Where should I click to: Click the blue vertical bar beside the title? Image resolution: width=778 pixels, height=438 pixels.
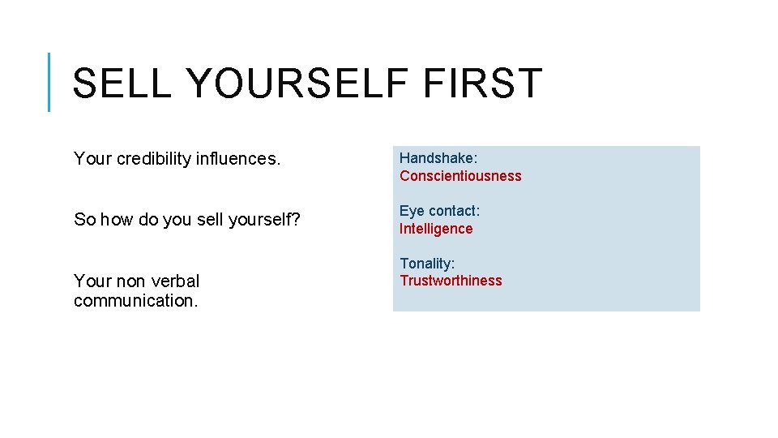pyautogui.click(x=49, y=82)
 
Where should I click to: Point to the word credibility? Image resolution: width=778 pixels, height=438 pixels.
pyautogui.click(x=154, y=159)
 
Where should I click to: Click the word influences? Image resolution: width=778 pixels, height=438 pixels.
pyautogui.click(x=238, y=159)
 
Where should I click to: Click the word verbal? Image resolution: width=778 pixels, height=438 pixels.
pyautogui.click(x=173, y=281)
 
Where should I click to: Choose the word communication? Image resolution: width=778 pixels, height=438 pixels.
pyautogui.click(x=135, y=301)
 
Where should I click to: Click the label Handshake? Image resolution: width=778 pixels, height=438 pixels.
pyautogui.click(x=438, y=158)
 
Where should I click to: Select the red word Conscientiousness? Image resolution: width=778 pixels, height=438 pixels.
pyautogui.click(x=460, y=176)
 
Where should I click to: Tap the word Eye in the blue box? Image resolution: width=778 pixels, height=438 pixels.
pyautogui.click(x=412, y=211)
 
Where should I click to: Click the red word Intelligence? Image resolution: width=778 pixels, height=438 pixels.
pyautogui.click(x=436, y=229)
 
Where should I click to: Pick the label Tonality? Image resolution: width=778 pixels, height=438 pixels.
pyautogui.click(x=427, y=264)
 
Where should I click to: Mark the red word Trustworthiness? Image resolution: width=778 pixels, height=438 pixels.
pyautogui.click(x=451, y=281)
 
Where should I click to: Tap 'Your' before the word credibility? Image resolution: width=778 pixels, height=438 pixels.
pyautogui.click(x=92, y=159)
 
